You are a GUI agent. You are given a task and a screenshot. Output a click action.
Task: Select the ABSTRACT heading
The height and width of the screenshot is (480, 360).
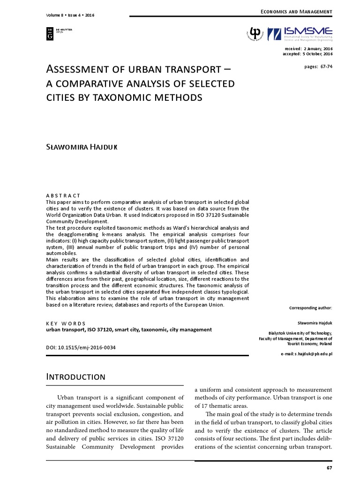click(63, 195)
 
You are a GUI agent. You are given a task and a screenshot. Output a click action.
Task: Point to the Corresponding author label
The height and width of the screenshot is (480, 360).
click(311, 308)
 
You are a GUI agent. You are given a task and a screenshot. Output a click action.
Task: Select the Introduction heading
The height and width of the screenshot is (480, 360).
click(75, 377)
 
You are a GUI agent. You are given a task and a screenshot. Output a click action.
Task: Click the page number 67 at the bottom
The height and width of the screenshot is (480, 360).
click(329, 468)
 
